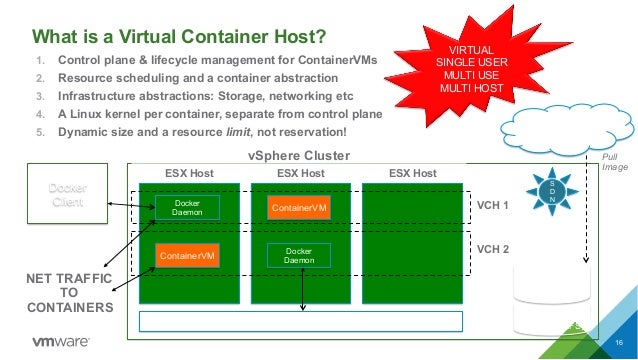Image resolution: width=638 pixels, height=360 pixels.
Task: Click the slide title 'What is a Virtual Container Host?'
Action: click(x=180, y=38)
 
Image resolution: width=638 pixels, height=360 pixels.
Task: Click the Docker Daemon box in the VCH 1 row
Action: click(x=181, y=208)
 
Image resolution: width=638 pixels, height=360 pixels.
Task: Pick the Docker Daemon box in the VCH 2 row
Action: click(x=299, y=255)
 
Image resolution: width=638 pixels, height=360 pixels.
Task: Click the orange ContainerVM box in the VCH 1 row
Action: click(x=299, y=208)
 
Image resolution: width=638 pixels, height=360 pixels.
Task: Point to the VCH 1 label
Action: click(x=493, y=205)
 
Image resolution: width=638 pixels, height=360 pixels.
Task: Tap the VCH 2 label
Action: click(x=493, y=248)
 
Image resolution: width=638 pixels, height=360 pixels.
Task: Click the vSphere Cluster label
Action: click(x=299, y=156)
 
